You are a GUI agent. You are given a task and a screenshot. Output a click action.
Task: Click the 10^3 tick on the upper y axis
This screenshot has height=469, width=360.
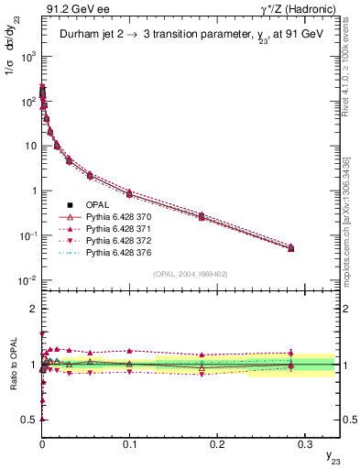[27, 57]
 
